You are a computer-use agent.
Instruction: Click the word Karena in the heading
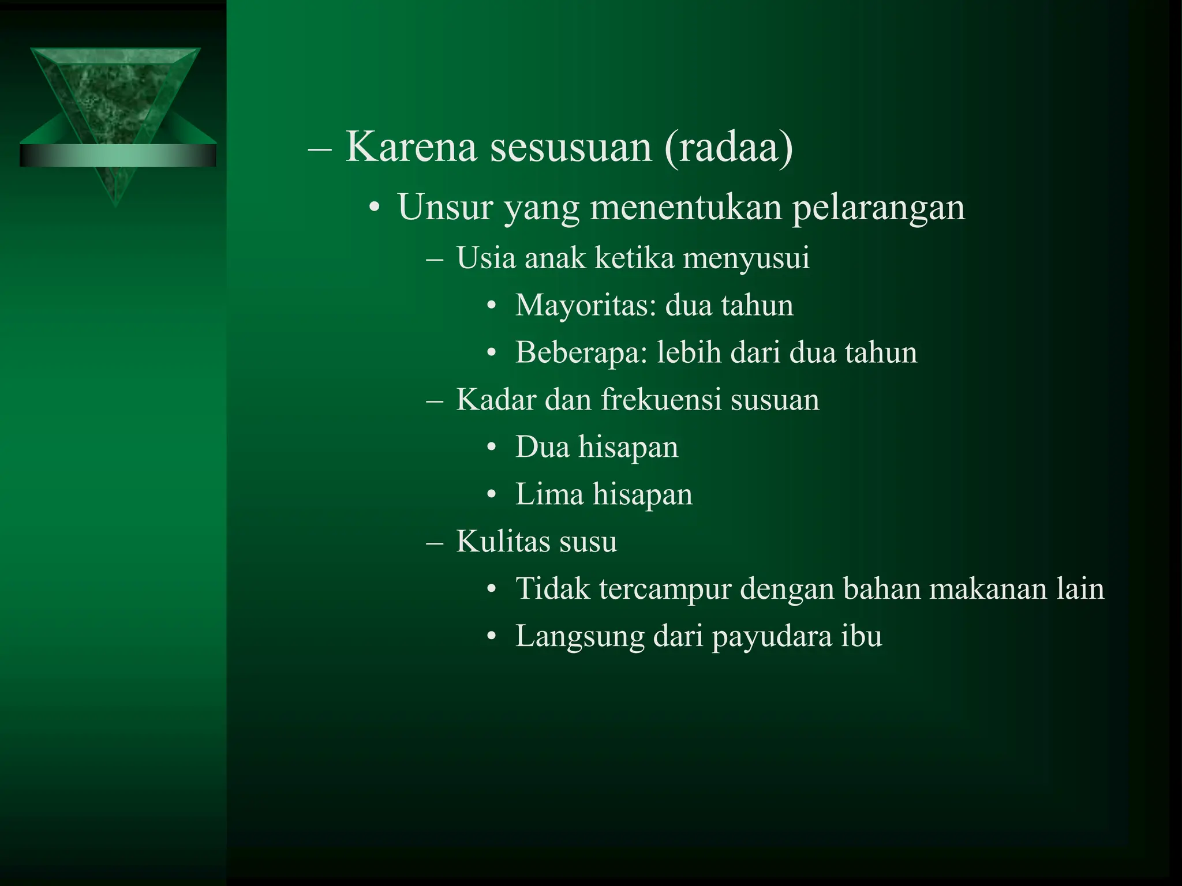click(411, 147)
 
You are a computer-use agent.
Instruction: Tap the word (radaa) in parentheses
click(729, 148)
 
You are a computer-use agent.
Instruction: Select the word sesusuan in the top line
click(571, 147)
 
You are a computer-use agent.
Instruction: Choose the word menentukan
click(686, 207)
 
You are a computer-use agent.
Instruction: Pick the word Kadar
click(496, 399)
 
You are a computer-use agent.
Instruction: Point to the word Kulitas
click(500, 541)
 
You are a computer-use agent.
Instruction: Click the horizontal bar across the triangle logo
click(118, 156)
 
